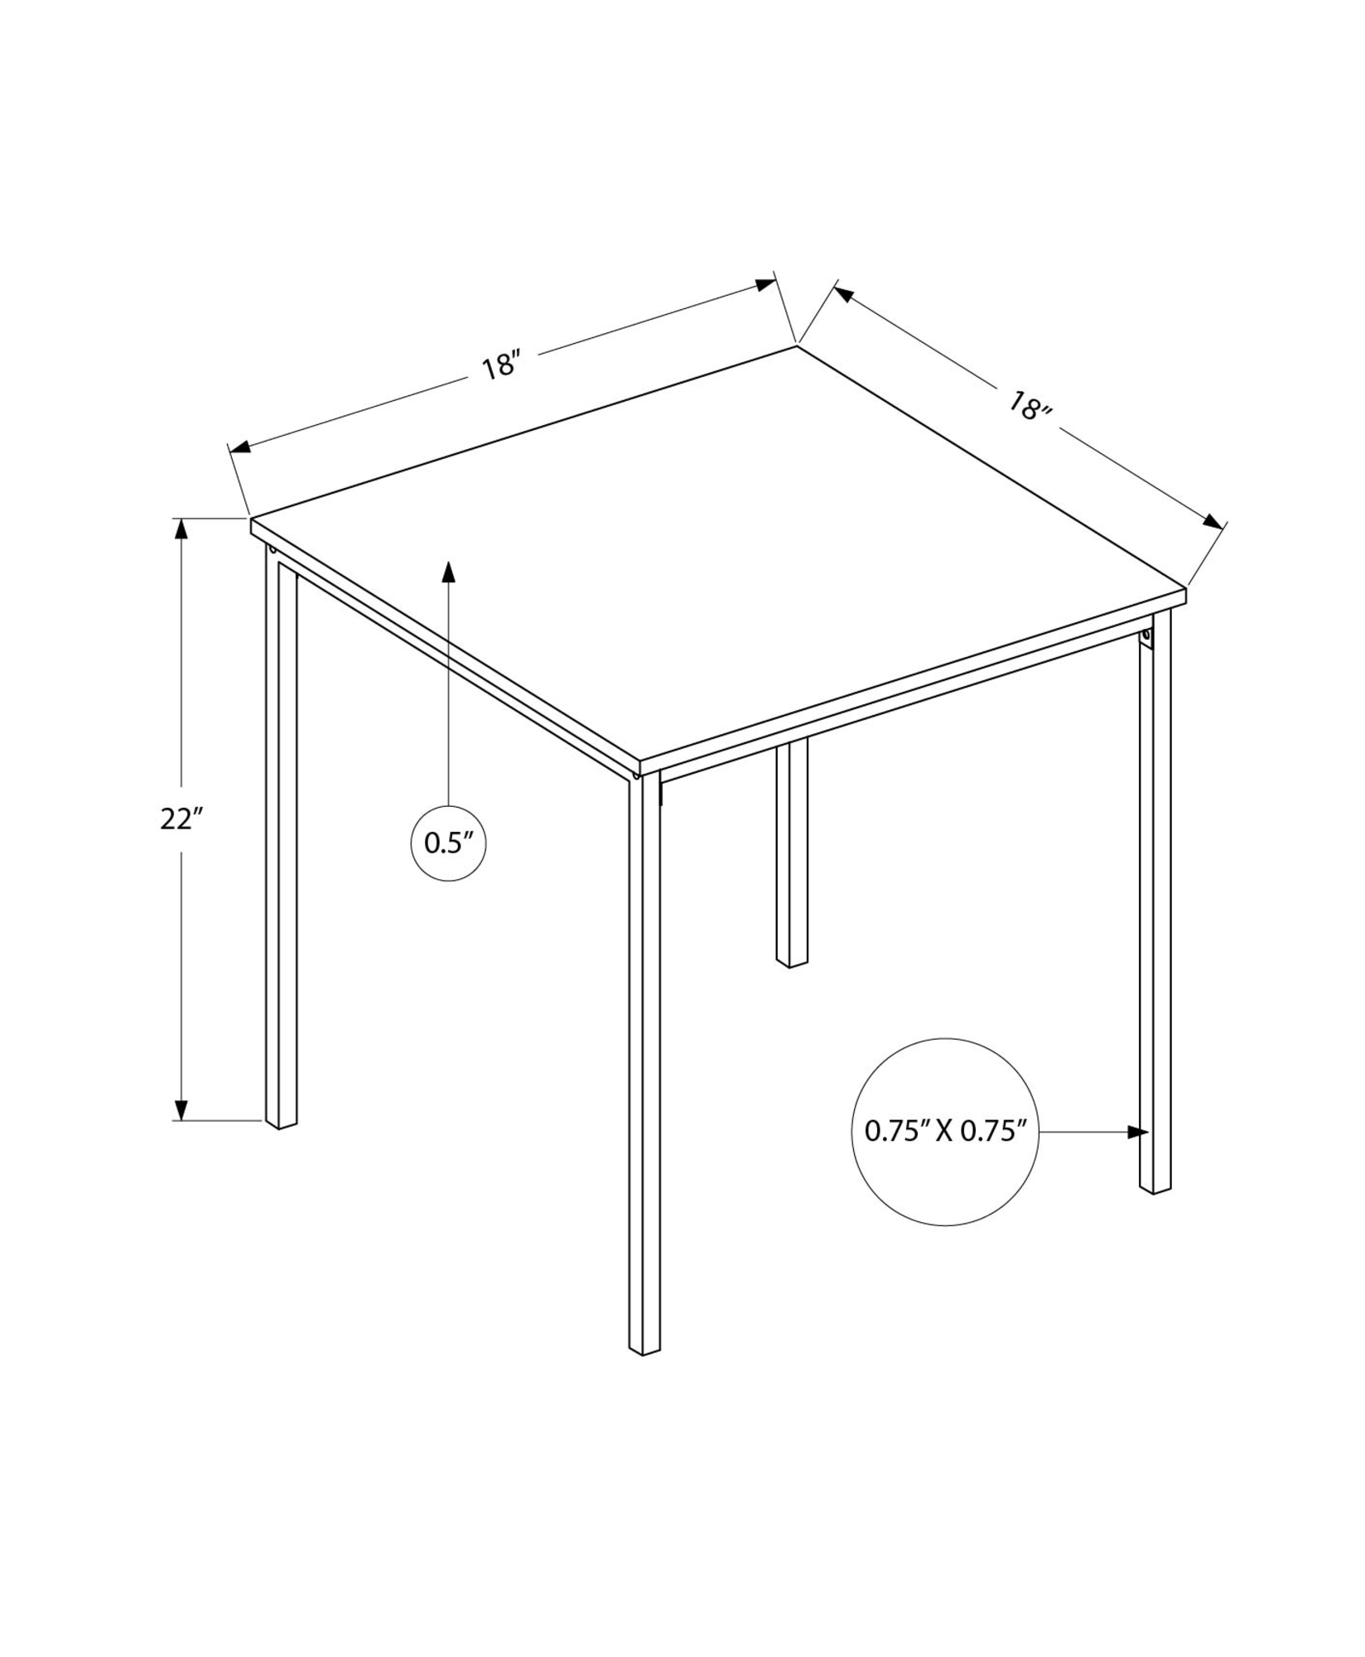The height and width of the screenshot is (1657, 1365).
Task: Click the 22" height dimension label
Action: coord(181,819)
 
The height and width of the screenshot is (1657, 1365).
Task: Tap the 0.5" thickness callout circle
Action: coord(448,843)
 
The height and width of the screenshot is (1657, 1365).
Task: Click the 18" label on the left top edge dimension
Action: coord(501,365)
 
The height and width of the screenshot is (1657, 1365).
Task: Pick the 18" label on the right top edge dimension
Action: coord(1029,407)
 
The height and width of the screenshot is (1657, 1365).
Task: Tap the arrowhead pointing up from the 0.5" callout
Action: coord(448,572)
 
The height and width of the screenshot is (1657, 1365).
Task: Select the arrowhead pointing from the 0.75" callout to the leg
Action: coord(1139,1132)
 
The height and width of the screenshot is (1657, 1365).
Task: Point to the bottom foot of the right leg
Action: coord(1155,1188)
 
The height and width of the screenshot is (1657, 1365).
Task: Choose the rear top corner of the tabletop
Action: coord(797,346)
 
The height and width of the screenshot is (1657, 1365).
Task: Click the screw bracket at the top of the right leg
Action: coord(1146,638)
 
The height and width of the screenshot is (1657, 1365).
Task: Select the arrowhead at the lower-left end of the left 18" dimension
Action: coord(239,447)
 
